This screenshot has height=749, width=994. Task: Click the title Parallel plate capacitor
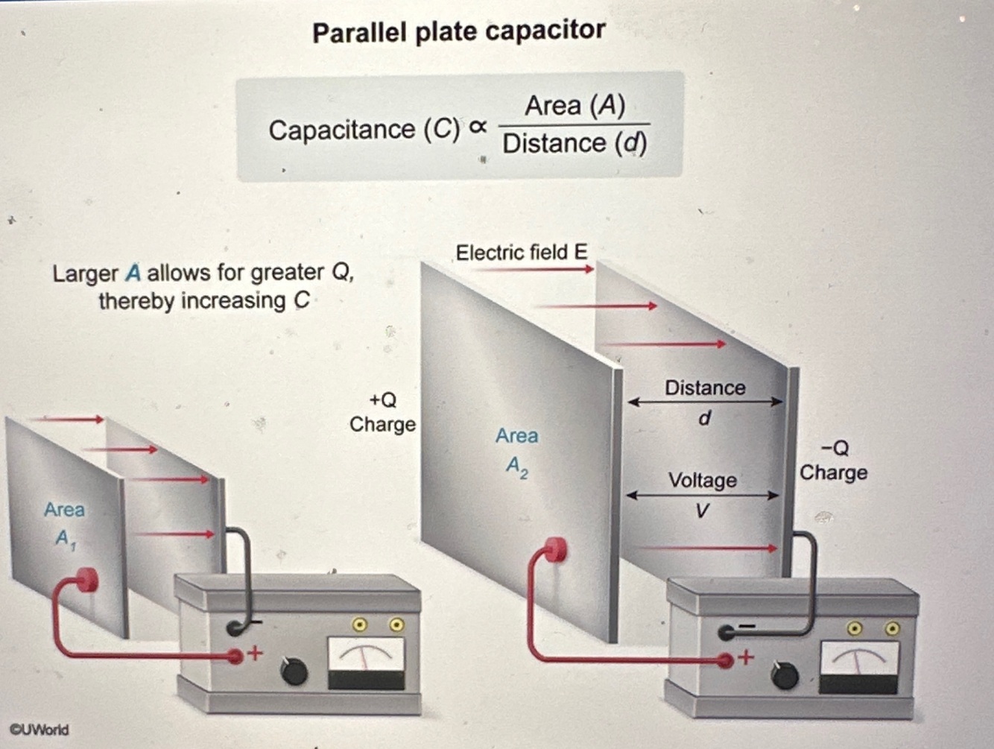pos(458,32)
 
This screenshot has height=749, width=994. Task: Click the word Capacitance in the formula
pos(342,130)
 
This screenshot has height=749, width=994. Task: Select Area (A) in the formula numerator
pos(574,106)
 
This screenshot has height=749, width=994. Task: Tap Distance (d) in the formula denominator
pos(574,143)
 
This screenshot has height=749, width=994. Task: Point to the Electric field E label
pos(521,253)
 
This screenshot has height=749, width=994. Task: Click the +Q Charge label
pos(382,412)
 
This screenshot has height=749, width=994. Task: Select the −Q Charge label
pos(833,461)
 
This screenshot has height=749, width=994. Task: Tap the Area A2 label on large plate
pos(516,450)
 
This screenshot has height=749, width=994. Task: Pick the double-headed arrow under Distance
pos(705,402)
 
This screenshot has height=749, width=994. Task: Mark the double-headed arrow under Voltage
pos(702,495)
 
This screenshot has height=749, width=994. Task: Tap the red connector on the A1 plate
pos(87,579)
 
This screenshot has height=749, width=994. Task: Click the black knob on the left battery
pos(294,671)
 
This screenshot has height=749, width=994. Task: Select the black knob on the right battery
pos(785,675)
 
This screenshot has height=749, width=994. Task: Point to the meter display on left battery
pos(367,663)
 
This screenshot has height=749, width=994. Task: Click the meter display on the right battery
pos(858,666)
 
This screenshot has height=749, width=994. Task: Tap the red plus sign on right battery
pos(746,658)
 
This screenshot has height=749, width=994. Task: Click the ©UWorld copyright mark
pos(39,730)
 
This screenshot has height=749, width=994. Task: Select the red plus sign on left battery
pos(255,654)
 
